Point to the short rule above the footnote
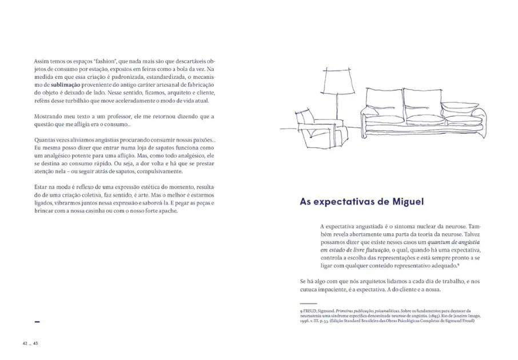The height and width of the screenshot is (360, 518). tap(308, 303)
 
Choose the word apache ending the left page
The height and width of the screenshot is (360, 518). tap(168, 210)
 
